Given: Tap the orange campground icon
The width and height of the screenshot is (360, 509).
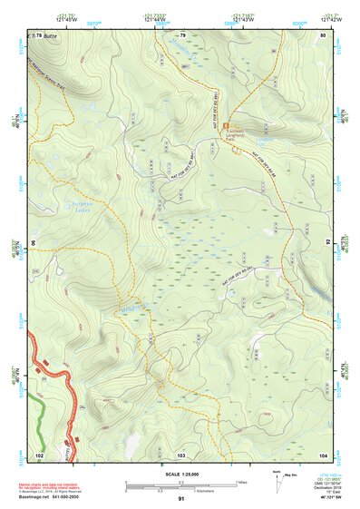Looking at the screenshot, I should click(x=227, y=126).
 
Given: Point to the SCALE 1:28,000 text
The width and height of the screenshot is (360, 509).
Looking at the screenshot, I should click(x=180, y=475).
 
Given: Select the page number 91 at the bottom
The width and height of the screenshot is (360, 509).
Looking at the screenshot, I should click(x=181, y=500).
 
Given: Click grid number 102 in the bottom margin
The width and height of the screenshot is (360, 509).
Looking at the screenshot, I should click(x=39, y=453).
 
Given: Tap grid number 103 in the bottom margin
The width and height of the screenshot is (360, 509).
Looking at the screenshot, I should click(x=181, y=453).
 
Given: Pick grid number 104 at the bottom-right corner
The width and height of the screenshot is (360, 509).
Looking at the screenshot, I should click(x=323, y=453).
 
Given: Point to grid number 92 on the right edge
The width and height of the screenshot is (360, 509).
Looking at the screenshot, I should click(x=328, y=243).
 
